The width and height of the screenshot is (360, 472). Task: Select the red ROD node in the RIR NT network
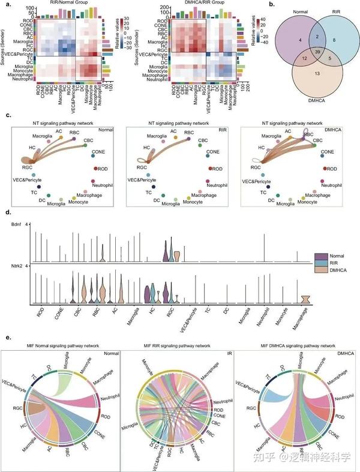[211, 169]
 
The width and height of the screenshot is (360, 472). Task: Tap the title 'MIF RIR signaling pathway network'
[179, 346]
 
